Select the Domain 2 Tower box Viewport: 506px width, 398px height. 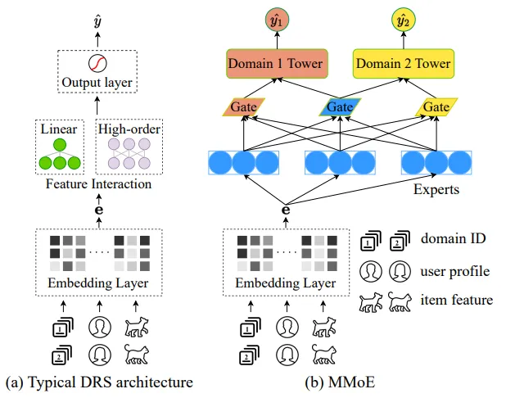click(x=402, y=63)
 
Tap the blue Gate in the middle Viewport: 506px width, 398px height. click(x=339, y=107)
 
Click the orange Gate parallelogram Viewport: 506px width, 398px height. click(x=242, y=107)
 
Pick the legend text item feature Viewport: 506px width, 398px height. click(x=458, y=300)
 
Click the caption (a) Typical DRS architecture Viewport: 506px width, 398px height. click(x=98, y=382)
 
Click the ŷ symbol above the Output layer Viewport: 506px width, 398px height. click(x=98, y=18)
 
